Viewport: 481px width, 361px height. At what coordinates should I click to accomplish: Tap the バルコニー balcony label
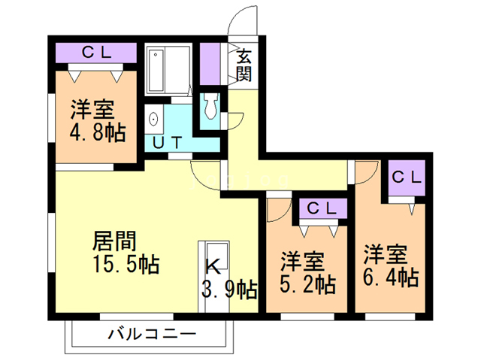point(151,332)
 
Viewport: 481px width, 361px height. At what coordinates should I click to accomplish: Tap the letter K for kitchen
point(213,265)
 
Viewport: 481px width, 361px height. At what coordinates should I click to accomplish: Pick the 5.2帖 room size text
point(307,284)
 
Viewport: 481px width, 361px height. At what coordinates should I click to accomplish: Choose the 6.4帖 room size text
point(391,277)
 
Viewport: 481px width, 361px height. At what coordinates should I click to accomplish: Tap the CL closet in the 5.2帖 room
point(322,207)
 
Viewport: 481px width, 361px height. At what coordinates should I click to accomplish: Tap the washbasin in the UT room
point(155,120)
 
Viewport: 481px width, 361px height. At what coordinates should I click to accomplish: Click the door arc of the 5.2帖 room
point(277,209)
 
